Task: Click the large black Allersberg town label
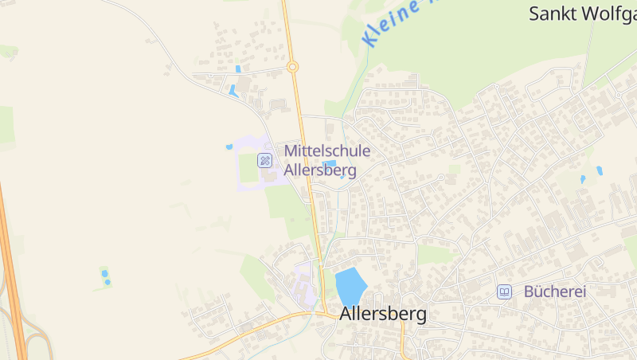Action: coord(383,314)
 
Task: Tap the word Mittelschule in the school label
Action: coord(327,151)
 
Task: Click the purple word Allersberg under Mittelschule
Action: coord(320,170)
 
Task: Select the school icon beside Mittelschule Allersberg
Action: coord(264,161)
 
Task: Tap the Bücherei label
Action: coord(555,292)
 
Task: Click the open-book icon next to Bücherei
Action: coord(504,292)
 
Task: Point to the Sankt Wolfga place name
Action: coord(582,14)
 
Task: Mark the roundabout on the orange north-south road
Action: coord(292,67)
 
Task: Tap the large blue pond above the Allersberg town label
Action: coord(350,286)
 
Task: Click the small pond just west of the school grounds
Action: coord(229,147)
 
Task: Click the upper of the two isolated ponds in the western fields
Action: coord(104,273)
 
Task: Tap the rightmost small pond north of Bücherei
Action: coord(599,170)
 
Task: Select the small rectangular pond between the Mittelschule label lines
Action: coord(330,163)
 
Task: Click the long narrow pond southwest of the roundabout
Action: coord(233,91)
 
